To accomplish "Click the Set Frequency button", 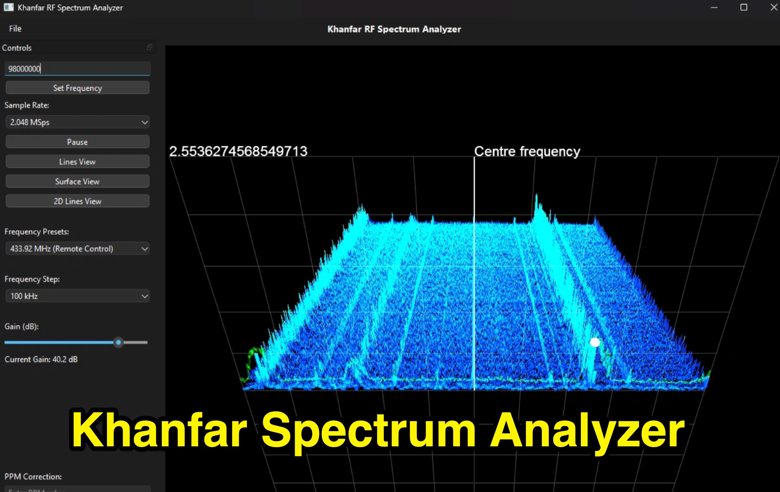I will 77,88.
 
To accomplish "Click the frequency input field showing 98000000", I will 77,69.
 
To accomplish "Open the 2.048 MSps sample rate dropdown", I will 77,123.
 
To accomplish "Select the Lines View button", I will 77,162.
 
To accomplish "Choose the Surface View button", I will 77,182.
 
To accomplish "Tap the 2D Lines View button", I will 77,201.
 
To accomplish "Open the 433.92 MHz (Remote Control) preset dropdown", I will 77,249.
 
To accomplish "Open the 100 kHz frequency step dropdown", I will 77,296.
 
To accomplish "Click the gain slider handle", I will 118,342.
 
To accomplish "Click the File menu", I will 15,29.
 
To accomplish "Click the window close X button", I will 774,8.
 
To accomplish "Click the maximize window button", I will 743,8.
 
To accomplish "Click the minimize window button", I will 714,8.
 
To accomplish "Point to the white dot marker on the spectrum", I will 595,342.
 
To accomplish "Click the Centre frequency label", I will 527,151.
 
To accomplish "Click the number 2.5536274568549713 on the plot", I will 238,151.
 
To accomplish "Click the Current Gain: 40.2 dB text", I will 41,360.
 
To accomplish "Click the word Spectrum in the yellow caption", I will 368,430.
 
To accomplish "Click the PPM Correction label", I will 33,477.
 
